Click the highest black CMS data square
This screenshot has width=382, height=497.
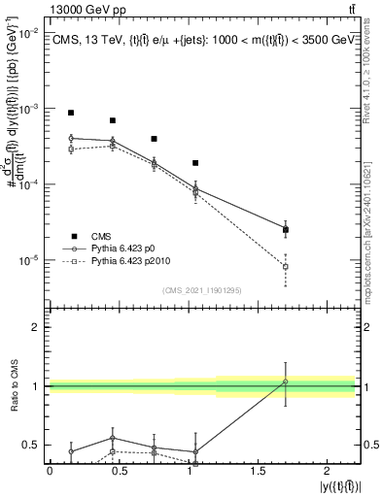71,113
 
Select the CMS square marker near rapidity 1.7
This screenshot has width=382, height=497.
285,230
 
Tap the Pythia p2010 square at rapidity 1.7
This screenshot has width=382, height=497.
285,266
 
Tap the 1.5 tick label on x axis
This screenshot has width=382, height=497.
258,471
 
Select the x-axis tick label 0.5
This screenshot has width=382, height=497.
119,471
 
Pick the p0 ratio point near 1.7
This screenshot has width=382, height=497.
285,381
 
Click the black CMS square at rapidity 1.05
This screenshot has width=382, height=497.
195,163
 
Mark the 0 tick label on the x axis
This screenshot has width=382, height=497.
50,471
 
